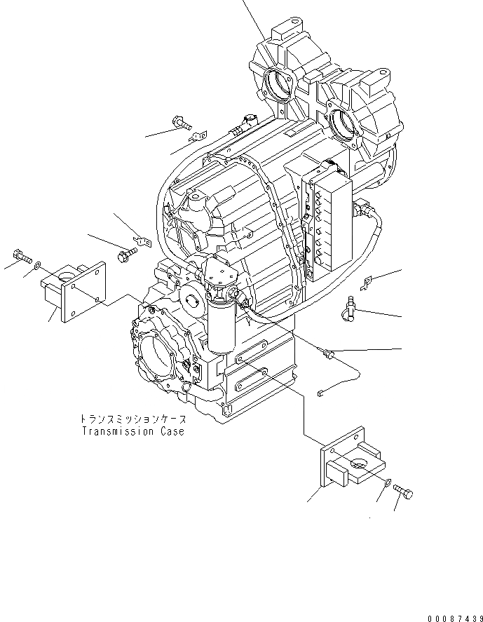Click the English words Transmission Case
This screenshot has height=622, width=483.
point(132,431)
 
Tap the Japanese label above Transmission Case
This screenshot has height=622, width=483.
point(132,419)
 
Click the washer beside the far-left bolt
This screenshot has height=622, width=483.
point(39,265)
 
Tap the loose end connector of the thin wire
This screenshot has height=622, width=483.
point(320,393)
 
